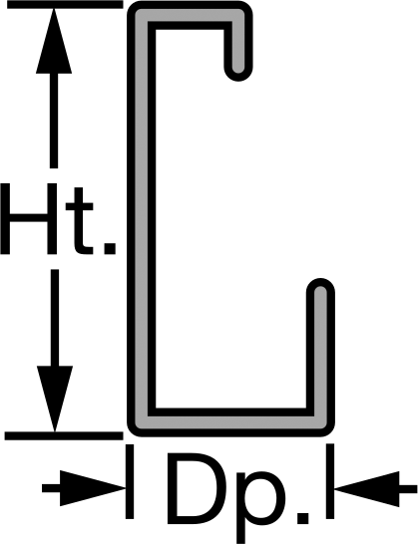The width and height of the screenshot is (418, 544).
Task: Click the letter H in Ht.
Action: coord(29,219)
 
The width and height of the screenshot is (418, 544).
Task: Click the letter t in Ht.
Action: coord(80,220)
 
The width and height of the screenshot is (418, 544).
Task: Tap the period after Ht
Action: coord(110,248)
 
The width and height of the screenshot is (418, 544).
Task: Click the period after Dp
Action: coord(302,518)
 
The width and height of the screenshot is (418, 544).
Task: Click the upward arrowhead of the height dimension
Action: coord(54,41)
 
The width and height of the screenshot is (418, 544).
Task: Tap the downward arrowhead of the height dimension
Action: coord(55,399)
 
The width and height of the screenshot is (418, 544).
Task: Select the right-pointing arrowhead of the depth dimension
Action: coord(93,488)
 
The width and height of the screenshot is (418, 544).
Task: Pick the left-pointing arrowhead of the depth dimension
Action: coord(367,489)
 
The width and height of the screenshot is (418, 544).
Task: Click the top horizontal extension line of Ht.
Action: coord(65,5)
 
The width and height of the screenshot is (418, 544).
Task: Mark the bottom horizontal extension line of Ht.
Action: coord(64,435)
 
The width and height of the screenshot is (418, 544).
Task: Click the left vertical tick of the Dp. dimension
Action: coord(130,481)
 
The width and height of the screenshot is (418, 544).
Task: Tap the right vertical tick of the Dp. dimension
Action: coord(330,481)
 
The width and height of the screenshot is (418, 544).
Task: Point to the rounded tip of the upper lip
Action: coord(238,74)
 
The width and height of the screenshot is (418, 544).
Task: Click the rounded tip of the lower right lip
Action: coord(320,285)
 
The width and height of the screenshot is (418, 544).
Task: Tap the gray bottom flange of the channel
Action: coord(230,421)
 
